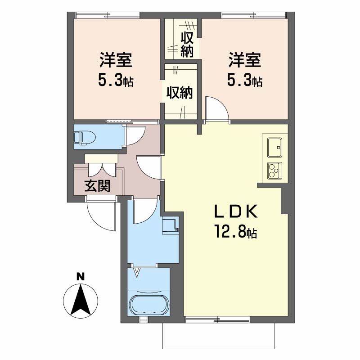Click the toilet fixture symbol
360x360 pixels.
84,138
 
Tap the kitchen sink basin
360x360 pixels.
275,148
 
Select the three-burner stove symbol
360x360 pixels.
275,171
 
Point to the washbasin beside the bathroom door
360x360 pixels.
171,225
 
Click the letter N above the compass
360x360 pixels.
81,277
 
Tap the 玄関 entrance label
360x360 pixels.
98,185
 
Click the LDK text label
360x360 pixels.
235,211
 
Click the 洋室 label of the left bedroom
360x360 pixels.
116,60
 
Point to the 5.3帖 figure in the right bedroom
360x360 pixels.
245,81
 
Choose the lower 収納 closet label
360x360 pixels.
179,93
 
